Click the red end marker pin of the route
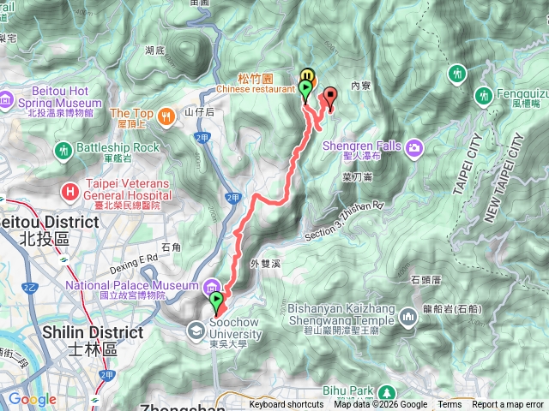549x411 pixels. (x=330, y=96)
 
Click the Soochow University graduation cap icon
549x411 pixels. (x=196, y=329)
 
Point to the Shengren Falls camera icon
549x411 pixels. (x=415, y=146)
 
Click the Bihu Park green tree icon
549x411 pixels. (x=362, y=392)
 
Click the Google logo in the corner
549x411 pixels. (x=32, y=399)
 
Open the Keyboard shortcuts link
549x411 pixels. (x=287, y=405)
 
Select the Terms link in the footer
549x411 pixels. (x=449, y=405)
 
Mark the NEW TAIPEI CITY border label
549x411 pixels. (x=513, y=181)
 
